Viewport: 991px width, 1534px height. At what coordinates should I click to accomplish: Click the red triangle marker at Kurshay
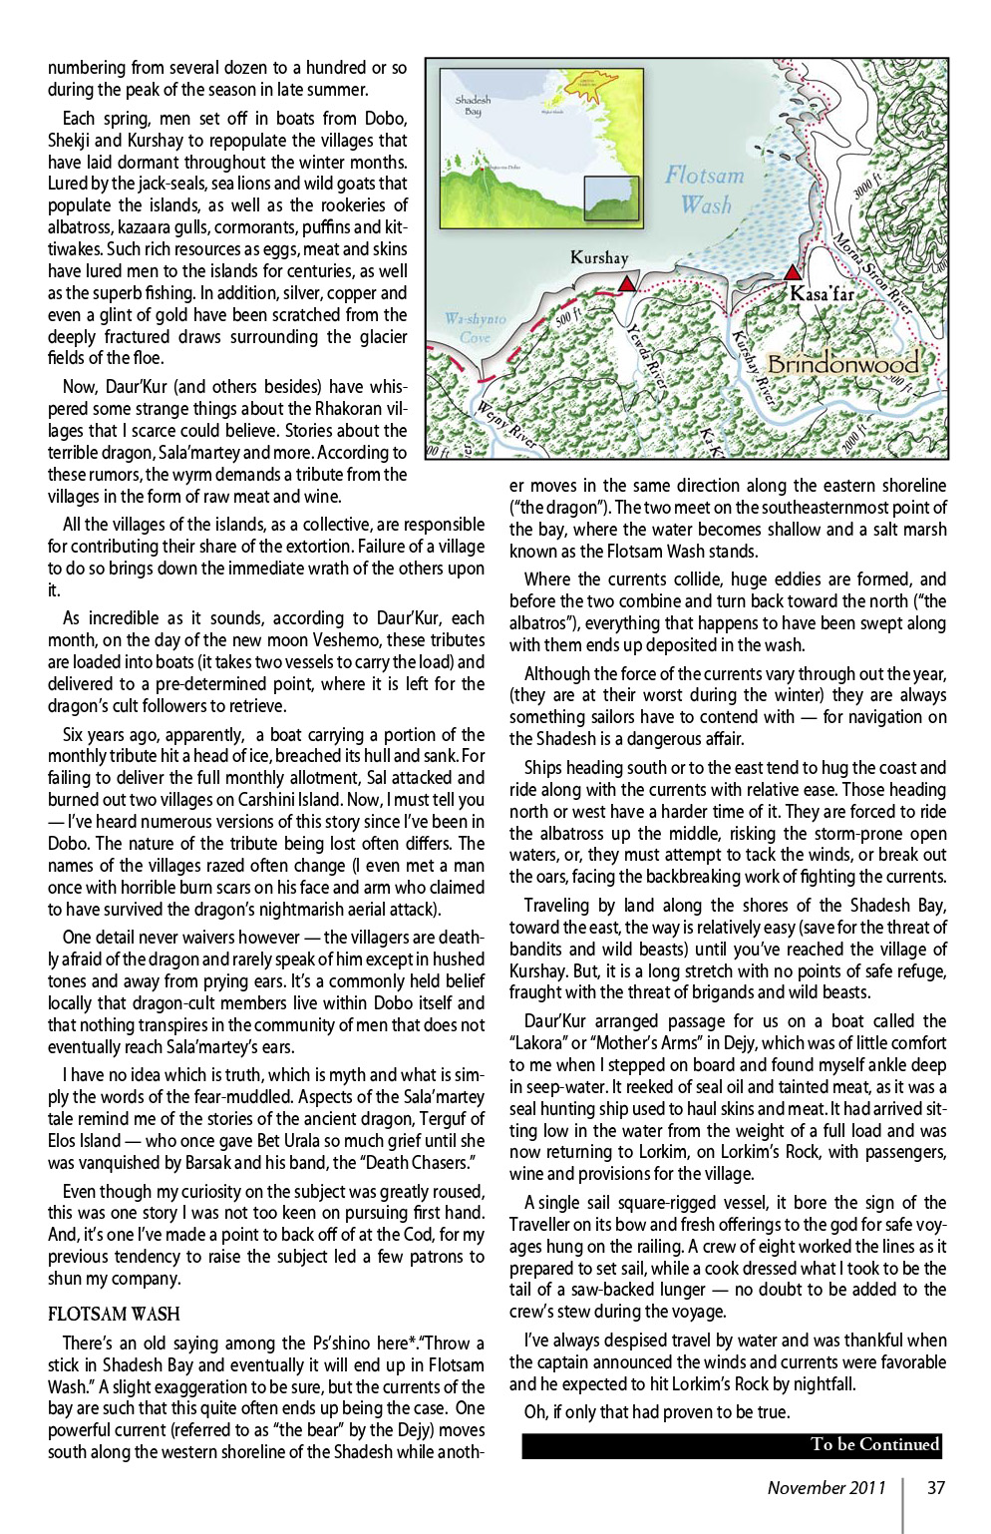(626, 284)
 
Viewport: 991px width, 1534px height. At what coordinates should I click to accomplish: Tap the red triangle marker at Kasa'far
(793, 272)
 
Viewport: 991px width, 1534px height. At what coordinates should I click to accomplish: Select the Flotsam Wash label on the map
(705, 190)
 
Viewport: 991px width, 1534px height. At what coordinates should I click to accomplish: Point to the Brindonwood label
(842, 364)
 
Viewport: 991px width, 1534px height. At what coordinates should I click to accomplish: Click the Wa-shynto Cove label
(475, 328)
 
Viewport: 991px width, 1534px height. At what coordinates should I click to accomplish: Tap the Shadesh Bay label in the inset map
(473, 106)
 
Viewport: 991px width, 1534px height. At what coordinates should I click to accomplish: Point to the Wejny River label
(505, 424)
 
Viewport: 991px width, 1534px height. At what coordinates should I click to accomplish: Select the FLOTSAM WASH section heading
(114, 1314)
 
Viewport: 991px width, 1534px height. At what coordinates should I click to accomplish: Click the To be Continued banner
(731, 1444)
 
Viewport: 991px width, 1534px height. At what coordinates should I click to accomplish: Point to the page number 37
(935, 1487)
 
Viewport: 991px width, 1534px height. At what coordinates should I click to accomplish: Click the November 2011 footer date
(826, 1487)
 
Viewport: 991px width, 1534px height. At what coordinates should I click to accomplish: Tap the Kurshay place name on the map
(599, 257)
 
